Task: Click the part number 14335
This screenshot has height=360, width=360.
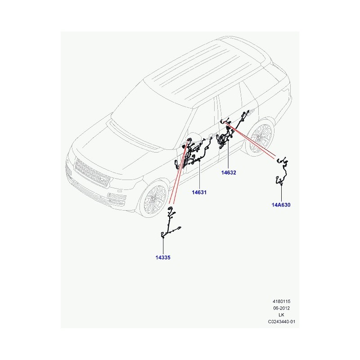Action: [163, 257]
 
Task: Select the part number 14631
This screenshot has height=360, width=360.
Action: [199, 193]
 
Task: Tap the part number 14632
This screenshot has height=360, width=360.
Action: [229, 172]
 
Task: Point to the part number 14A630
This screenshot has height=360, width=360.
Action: [281, 205]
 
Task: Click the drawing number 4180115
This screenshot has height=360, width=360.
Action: [281, 301]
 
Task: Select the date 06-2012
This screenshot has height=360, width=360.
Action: [281, 308]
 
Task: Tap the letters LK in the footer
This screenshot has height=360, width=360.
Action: [281, 315]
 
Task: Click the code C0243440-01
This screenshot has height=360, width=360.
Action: [282, 322]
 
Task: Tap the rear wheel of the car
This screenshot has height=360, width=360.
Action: [260, 137]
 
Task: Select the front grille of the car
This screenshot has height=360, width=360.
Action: [91, 172]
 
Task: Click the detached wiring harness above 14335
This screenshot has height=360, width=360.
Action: [171, 224]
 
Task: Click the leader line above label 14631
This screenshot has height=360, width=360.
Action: [199, 175]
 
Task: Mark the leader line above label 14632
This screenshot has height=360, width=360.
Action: [228, 154]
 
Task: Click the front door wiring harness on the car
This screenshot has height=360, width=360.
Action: [190, 154]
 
